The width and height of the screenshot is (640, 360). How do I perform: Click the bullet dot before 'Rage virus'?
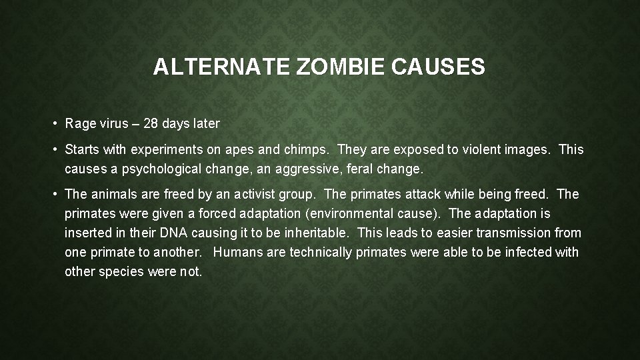pyautogui.click(x=54, y=124)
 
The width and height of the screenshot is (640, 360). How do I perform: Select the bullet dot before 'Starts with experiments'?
pyautogui.click(x=54, y=150)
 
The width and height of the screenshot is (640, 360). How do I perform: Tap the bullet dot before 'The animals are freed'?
pyautogui.click(x=54, y=195)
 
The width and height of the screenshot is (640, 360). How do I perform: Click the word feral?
pyautogui.click(x=359, y=169)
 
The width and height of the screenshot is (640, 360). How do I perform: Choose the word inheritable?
pyautogui.click(x=316, y=233)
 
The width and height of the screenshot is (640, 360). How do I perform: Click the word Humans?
pyautogui.click(x=235, y=253)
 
